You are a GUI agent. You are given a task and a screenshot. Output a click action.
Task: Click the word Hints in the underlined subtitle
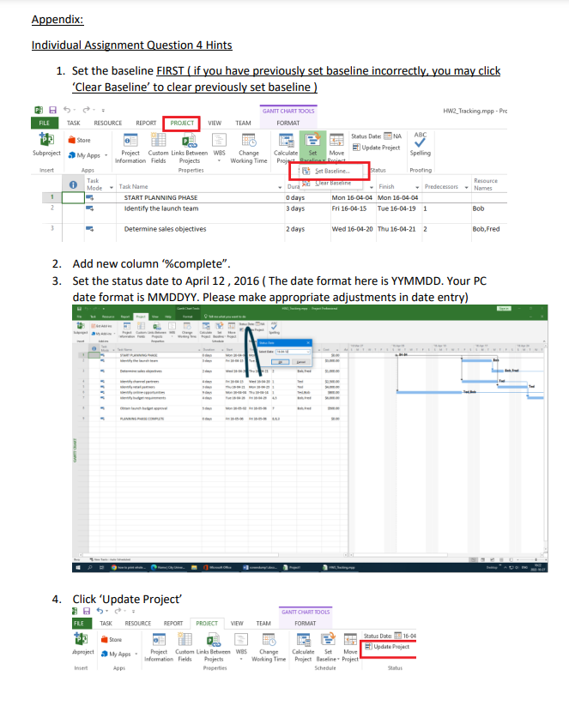click(215, 45)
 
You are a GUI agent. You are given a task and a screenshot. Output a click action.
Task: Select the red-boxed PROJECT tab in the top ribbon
click(182, 124)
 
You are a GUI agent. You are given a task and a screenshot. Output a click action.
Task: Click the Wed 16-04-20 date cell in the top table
click(352, 229)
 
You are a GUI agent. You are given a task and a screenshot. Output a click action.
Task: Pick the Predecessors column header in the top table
click(441, 186)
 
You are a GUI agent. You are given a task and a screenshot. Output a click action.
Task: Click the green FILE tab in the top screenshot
click(44, 124)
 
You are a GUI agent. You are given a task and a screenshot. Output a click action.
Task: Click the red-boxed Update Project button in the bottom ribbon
click(388, 646)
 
